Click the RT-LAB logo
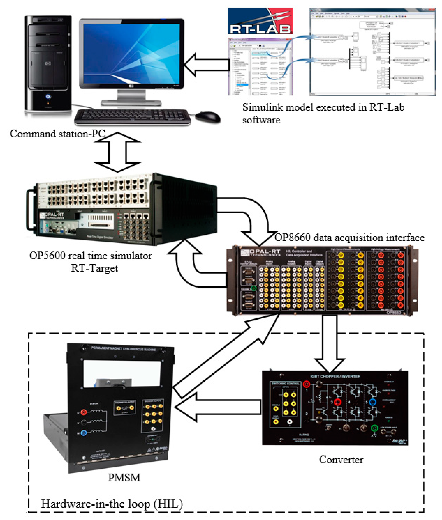click(x=260, y=21)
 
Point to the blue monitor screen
click(x=131, y=54)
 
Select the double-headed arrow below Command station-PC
click(x=117, y=152)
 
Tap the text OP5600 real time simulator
click(x=90, y=256)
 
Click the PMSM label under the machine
click(x=124, y=478)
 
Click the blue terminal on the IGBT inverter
click(x=373, y=402)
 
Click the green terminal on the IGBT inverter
click(x=374, y=428)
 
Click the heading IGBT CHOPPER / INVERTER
click(x=335, y=376)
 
